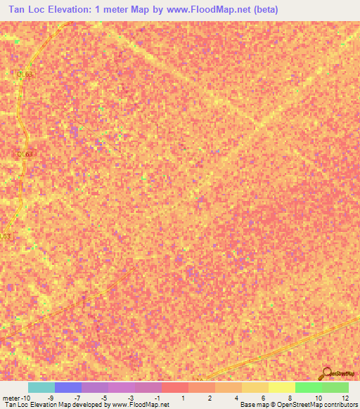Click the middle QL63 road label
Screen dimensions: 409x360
point(25,153)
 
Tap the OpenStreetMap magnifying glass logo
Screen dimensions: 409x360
point(326,372)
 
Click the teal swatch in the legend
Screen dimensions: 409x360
point(41,387)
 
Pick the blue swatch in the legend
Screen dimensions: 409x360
point(67,387)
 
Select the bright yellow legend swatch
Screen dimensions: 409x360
point(281,387)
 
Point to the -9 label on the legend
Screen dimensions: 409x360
point(51,398)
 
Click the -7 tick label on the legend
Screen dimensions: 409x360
point(77,398)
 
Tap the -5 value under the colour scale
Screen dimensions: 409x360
point(103,398)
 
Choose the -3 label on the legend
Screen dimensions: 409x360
point(130,398)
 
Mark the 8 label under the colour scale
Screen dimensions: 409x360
point(290,398)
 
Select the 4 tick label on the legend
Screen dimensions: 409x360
point(236,398)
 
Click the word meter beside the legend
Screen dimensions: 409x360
point(12,398)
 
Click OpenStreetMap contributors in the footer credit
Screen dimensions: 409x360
point(320,405)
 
